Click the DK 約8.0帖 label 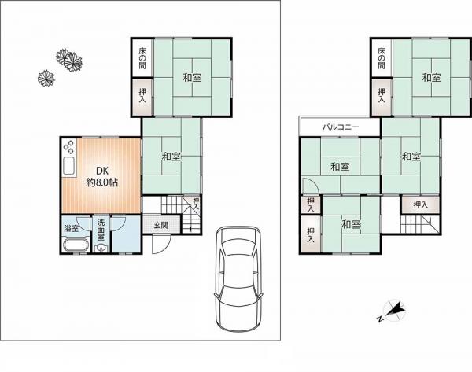click(x=102, y=176)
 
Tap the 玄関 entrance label click(x=161, y=225)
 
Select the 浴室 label click(x=72, y=228)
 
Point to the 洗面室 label click(x=101, y=230)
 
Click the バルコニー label click(x=341, y=127)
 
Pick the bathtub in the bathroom click(x=76, y=244)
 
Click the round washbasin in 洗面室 click(x=101, y=249)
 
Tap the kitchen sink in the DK click(x=69, y=166)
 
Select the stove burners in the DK click(x=69, y=147)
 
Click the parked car click(x=238, y=278)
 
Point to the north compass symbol click(x=393, y=311)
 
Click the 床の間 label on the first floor click(x=142, y=58)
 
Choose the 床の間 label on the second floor click(x=382, y=58)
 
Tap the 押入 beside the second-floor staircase click(x=421, y=205)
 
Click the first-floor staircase click(x=181, y=214)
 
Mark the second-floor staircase click(x=419, y=224)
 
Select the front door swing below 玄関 click(x=161, y=244)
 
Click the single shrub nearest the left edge click(x=46, y=78)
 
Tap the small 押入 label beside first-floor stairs click(x=196, y=204)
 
